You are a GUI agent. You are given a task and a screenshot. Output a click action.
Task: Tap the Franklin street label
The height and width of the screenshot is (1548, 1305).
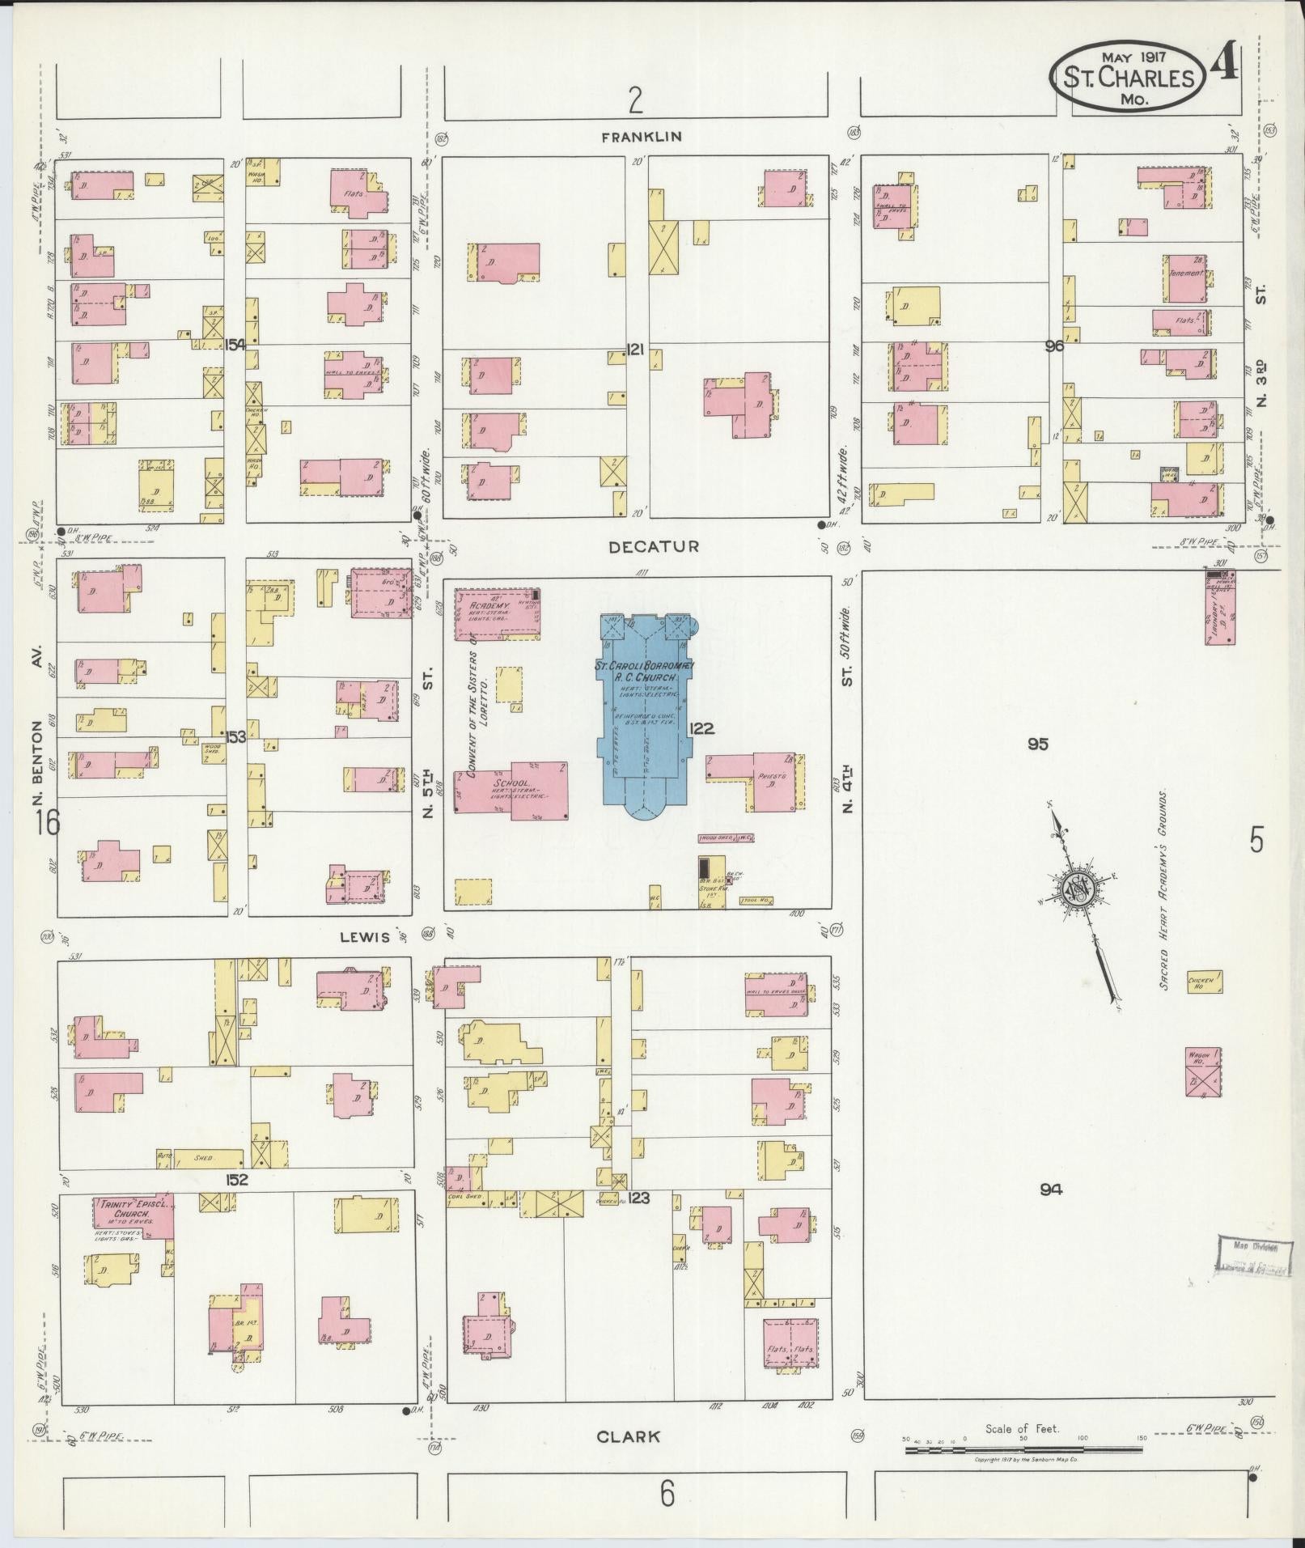click(641, 137)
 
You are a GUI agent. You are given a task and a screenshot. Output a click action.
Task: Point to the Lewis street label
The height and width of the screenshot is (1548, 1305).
click(366, 936)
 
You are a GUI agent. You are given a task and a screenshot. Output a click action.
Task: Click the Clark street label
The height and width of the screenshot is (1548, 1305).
click(628, 1437)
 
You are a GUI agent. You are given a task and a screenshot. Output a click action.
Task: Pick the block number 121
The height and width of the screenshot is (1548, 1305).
click(635, 350)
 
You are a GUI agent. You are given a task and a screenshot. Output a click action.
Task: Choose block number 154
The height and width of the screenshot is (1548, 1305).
click(235, 344)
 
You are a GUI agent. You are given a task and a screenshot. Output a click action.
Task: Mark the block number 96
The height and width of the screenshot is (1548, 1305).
click(1054, 346)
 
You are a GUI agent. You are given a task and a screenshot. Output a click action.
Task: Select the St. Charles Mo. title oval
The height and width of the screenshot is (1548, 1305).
click(1127, 78)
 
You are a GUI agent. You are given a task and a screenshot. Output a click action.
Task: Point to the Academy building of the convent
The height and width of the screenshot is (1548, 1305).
click(497, 615)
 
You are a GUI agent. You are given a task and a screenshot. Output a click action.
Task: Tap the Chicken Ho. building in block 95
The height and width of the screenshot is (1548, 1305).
click(1204, 982)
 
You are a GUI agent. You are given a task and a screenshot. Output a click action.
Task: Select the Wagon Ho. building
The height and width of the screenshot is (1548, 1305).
click(1203, 1072)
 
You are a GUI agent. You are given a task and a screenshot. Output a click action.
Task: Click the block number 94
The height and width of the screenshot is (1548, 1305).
click(1051, 1190)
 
